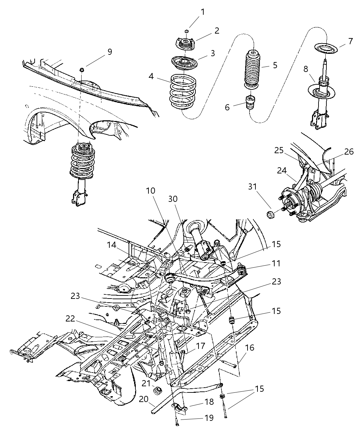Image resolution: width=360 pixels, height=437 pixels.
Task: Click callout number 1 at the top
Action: point(203,12)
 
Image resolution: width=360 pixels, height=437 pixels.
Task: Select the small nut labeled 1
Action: point(187,32)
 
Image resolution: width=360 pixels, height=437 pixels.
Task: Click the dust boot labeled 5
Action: point(253,69)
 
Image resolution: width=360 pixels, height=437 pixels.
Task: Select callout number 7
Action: point(350,41)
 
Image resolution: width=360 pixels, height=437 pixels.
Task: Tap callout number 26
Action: point(349,152)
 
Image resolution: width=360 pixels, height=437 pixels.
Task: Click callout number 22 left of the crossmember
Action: point(70,318)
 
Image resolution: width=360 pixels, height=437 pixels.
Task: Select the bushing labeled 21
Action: point(158,390)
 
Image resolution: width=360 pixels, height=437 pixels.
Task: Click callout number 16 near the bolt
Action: point(250,348)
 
